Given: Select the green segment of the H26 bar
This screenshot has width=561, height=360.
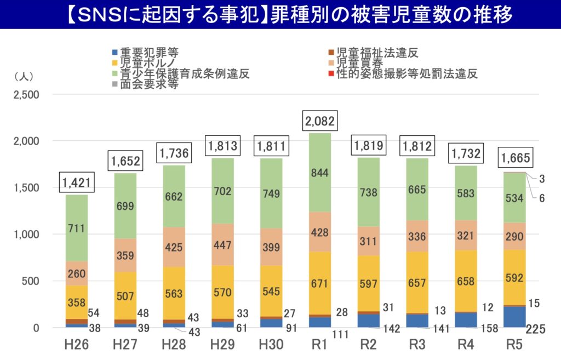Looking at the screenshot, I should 77,227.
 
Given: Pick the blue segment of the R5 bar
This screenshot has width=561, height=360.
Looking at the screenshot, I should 515,317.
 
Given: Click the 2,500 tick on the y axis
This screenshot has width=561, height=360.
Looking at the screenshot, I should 26,95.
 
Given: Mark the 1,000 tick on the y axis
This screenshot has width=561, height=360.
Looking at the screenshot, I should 26,235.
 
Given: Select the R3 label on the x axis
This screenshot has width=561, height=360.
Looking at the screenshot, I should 418,345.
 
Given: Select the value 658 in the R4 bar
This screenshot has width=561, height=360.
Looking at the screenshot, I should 467,281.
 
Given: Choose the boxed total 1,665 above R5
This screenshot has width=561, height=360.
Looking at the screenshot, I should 515,159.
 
